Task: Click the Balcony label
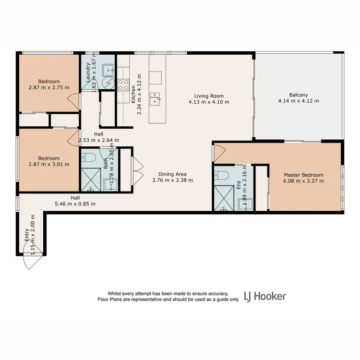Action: (299, 95)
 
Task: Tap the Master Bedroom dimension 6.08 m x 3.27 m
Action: (303, 181)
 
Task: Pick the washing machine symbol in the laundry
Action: (109, 84)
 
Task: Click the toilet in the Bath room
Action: (89, 157)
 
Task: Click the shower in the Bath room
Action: (90, 180)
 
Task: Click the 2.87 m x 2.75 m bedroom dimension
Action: (48, 88)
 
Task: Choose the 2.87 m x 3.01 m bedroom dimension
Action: (48, 164)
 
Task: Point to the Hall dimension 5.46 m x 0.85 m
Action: (75, 204)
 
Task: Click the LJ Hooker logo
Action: (265, 296)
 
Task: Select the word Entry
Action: (27, 236)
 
